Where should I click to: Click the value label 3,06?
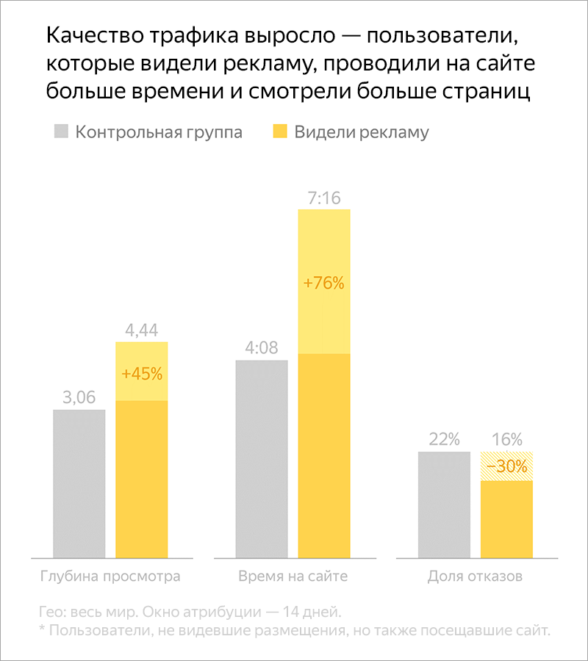coord(79,397)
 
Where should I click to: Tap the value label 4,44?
coord(142,330)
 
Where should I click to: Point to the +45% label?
coord(142,373)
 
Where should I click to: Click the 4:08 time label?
coord(262,348)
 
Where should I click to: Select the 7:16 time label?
coord(324,198)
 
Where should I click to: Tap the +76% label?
coord(324,283)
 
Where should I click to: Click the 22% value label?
coord(444,440)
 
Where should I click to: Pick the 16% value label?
coord(506,440)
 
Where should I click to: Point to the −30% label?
coord(506,466)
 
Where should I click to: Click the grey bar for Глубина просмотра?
coord(79,485)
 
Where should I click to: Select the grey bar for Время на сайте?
coord(262,459)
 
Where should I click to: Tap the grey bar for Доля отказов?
coord(444,505)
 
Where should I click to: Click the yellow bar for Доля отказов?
coord(506,519)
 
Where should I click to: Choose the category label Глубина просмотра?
coord(110,577)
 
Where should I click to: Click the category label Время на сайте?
coord(293,577)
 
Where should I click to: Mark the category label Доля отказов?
coord(475,577)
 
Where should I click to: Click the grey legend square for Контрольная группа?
coord(61,132)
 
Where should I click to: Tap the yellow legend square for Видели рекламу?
coord(279,132)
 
